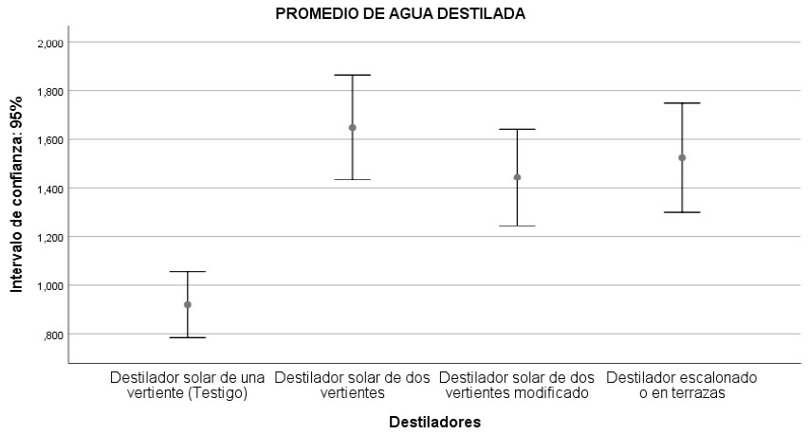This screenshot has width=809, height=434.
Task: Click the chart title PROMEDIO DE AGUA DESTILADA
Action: [400, 14]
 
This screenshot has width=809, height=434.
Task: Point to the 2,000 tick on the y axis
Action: [50, 44]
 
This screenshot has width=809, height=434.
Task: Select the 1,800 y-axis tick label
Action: [50, 92]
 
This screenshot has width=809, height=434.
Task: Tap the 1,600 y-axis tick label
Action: [50, 140]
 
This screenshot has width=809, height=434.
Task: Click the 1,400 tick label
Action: [50, 190]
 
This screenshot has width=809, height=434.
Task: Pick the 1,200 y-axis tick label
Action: [50, 238]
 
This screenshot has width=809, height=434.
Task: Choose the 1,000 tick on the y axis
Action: [50, 286]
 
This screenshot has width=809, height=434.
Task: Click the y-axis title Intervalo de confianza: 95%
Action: [16, 194]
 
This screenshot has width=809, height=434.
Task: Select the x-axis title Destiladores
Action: [435, 422]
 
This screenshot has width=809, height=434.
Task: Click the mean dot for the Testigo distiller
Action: [187, 304]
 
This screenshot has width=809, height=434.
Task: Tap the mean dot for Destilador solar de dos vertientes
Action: [353, 128]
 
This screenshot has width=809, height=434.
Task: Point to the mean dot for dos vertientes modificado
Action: [517, 177]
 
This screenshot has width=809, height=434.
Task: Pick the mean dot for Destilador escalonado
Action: [682, 157]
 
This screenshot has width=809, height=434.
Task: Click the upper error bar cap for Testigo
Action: [187, 272]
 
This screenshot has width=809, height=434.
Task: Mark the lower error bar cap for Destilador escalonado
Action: [682, 212]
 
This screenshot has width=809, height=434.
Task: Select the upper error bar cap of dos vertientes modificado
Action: [517, 130]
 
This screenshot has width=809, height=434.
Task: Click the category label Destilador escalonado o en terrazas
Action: [682, 385]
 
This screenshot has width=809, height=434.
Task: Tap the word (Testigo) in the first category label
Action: [218, 393]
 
